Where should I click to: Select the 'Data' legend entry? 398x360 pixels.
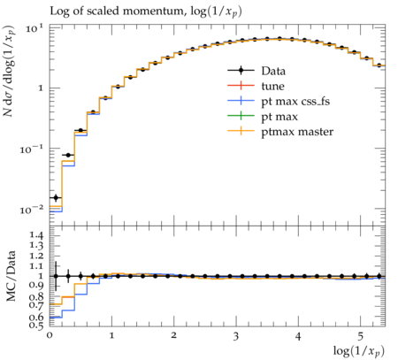[273, 71]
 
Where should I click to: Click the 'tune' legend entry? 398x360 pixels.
[272, 87]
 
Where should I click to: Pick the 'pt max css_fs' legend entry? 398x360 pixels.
[295, 102]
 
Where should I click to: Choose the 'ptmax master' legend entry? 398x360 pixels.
[297, 132]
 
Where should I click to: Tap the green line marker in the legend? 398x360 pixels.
[241, 116]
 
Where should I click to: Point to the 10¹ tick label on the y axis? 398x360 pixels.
[34, 28]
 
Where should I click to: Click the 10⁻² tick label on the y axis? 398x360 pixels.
[31, 210]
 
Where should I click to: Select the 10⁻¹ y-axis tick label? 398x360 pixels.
[31, 149]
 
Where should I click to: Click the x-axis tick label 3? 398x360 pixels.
[235, 336]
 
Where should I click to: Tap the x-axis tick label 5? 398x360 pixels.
[360, 336]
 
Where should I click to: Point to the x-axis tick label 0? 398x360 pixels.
[50, 335]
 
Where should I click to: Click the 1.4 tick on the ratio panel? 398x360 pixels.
[36, 235]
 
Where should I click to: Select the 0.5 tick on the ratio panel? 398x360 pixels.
[36, 326]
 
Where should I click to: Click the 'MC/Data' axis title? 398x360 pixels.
[11, 276]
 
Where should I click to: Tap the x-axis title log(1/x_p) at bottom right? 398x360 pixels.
[359, 351]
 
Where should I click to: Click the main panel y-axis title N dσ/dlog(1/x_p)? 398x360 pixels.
[10, 71]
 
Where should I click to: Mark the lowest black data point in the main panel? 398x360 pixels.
[56, 197]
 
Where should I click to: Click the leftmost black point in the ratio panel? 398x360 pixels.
[56, 276]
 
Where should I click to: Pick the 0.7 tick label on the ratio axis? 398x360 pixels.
[36, 305]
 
